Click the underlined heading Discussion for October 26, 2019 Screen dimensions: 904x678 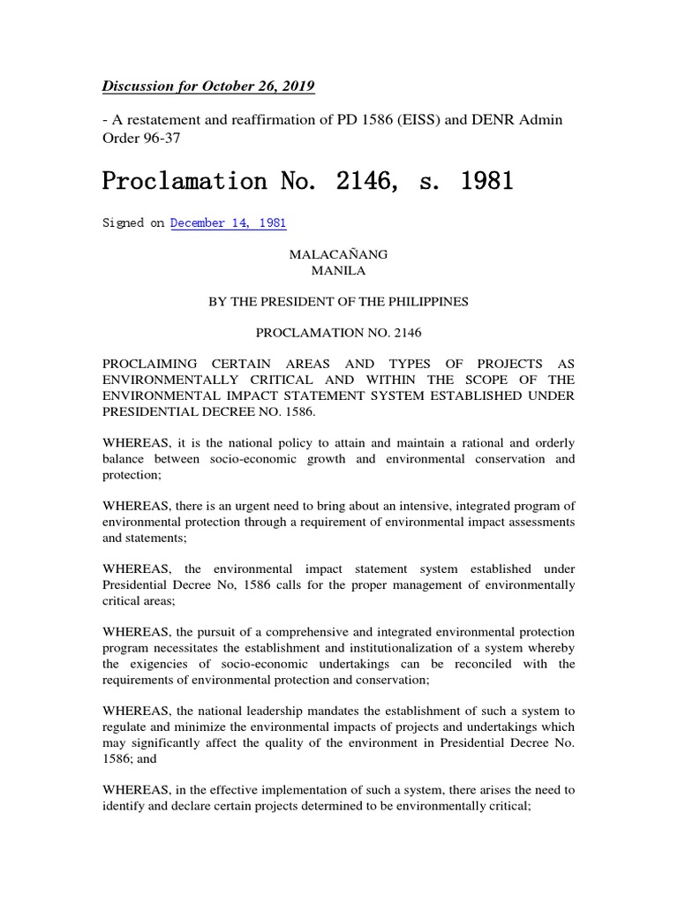point(208,87)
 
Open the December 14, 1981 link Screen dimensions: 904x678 point(228,223)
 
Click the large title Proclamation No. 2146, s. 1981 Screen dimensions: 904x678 point(307,182)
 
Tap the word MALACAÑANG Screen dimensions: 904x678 point(338,254)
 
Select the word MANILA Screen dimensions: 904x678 point(338,270)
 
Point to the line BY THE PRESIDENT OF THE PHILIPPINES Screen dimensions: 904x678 point(338,302)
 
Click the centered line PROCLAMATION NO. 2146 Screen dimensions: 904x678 point(338,334)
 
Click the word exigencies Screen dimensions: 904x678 point(177,664)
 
